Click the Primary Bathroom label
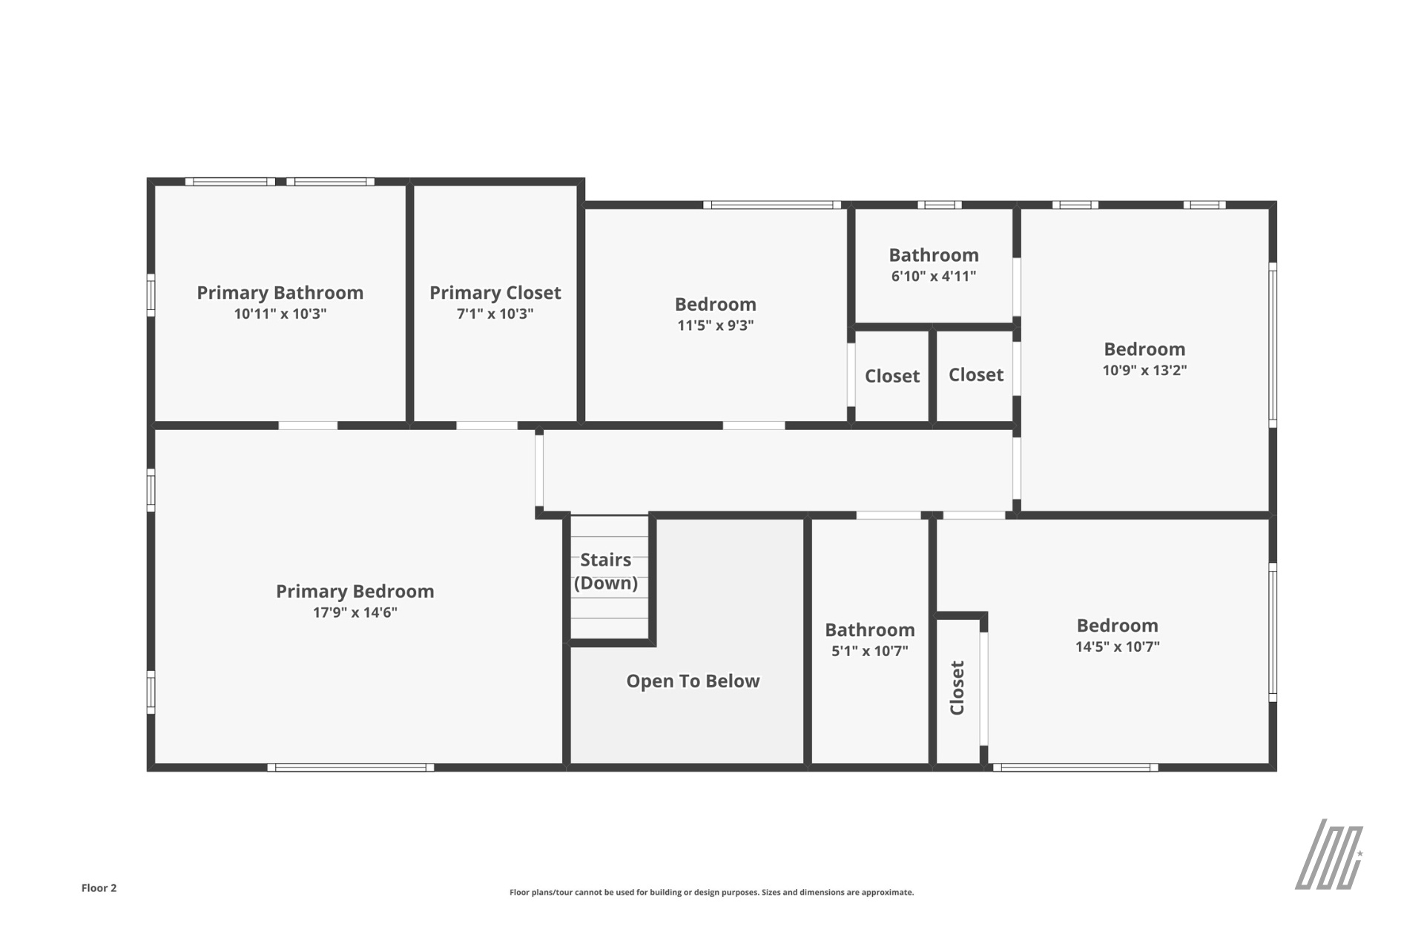(x=280, y=293)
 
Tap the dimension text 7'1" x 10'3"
(x=495, y=314)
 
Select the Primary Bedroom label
(x=355, y=592)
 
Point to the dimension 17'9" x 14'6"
(x=355, y=612)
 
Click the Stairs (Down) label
(x=606, y=571)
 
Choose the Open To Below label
(x=693, y=681)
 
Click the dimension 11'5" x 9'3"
(x=716, y=325)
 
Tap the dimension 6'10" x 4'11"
(x=934, y=277)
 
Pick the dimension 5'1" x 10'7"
(x=870, y=651)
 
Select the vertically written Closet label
(x=957, y=688)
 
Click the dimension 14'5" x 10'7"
(x=1118, y=647)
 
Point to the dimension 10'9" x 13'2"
(x=1144, y=370)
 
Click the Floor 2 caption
(x=99, y=888)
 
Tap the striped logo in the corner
(x=1329, y=854)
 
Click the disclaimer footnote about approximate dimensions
(x=711, y=893)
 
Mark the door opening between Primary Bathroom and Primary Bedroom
(x=308, y=426)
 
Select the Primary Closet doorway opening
(x=487, y=426)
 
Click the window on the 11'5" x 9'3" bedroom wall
(x=772, y=205)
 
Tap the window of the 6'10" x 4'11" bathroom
(x=939, y=205)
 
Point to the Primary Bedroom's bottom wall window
(x=351, y=767)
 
